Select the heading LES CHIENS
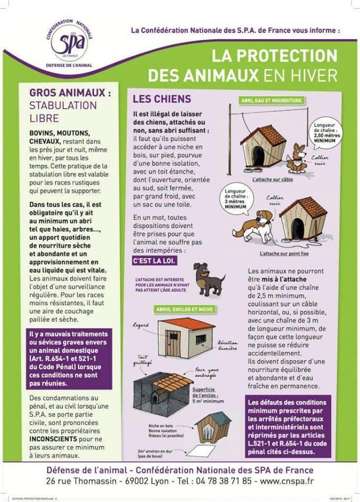coord(162,99)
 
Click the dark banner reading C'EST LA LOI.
coord(154,260)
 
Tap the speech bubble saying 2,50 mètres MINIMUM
coord(324,132)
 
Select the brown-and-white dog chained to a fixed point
coord(256,225)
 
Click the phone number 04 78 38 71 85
coord(222,481)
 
